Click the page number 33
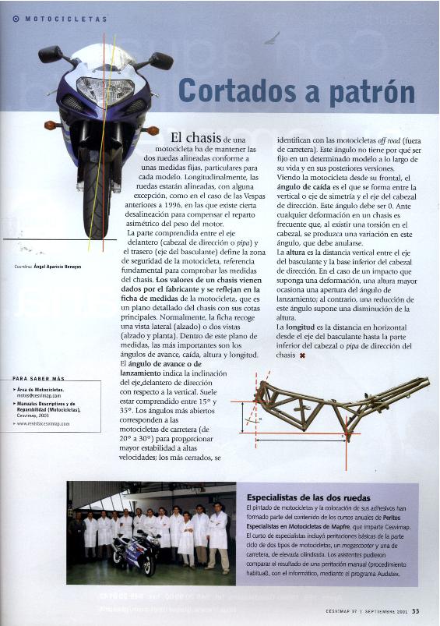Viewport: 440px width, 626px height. pos(416,610)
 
